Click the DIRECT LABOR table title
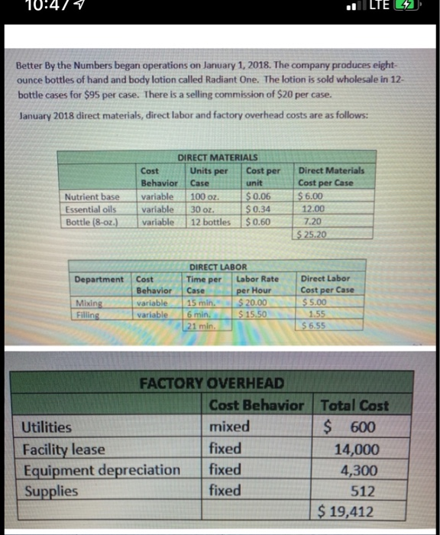pos(216,267)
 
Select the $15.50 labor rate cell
pos(251,313)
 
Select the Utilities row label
pos(48,427)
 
